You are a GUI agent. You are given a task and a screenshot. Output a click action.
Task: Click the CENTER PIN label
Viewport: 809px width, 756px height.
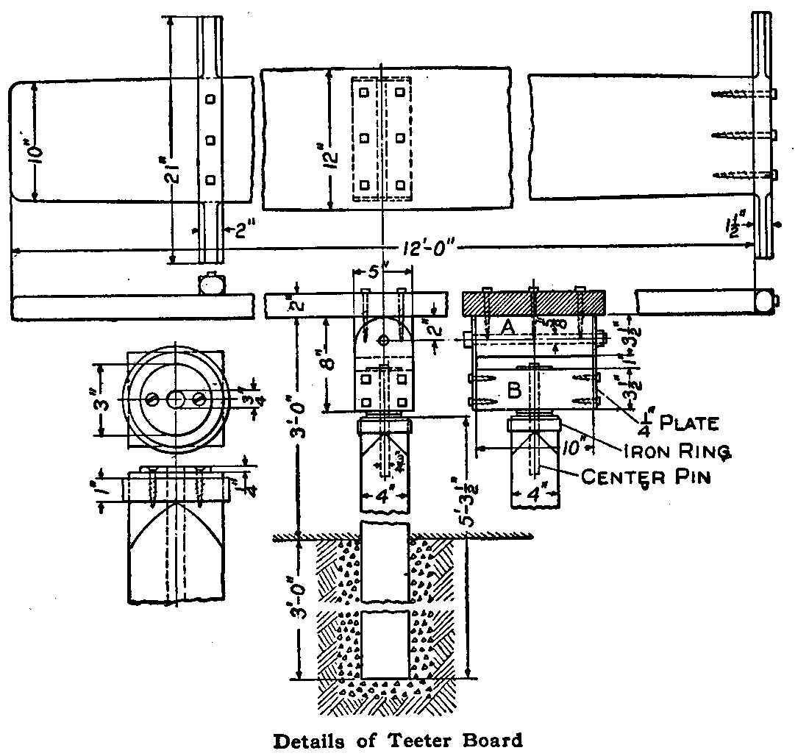click(646, 477)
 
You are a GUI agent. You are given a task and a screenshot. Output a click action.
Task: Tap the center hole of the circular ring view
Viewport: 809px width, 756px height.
click(176, 398)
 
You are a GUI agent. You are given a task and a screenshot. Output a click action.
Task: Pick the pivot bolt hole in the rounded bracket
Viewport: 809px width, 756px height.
click(383, 340)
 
